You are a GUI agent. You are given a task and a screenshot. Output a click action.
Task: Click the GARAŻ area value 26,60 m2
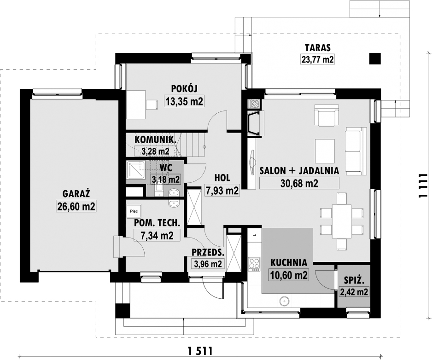click(76, 206)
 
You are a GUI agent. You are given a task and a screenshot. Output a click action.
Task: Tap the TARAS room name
click(317, 48)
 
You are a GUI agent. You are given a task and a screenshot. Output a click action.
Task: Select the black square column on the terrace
click(375, 58)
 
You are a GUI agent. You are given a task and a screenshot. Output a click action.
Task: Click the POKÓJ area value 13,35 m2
click(184, 101)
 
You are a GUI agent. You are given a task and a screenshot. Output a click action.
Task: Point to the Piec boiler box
click(134, 211)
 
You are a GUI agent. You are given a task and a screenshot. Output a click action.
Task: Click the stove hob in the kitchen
click(254, 264)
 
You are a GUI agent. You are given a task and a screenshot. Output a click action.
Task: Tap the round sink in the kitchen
click(284, 301)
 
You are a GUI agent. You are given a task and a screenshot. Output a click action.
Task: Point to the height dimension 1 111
click(422, 186)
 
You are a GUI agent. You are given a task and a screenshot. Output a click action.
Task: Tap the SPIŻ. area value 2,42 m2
click(354, 292)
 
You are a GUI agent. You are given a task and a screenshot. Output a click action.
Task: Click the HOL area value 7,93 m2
click(222, 190)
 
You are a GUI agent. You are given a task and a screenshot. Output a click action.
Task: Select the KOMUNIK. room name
click(155, 139)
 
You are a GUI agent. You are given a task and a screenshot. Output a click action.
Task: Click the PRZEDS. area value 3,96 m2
click(208, 264)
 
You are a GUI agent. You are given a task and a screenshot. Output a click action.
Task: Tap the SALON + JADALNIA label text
click(299, 171)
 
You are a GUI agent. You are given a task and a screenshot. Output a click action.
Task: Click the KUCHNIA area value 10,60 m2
click(288, 275)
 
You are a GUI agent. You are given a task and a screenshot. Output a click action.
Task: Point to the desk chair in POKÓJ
click(152, 105)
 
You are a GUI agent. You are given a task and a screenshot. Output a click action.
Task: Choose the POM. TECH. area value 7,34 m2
click(157, 236)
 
